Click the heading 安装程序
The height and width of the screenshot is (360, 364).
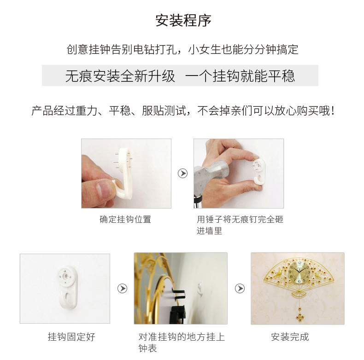183,20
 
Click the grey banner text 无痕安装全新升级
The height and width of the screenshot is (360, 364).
120,76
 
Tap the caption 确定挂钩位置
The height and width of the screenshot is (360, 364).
125,219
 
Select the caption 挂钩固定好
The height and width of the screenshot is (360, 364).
71,337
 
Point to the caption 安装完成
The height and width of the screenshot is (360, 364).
290,337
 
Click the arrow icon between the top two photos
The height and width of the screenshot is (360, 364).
183,173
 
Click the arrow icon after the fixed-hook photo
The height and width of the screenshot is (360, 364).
123,288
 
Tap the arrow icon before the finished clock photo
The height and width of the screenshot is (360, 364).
240,288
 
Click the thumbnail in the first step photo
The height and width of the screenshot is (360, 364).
103,190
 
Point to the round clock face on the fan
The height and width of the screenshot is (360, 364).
299,272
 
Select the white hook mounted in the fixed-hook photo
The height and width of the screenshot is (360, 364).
68,286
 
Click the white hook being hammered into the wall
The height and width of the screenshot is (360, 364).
258,171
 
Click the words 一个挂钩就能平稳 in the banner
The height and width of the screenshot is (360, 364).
240,76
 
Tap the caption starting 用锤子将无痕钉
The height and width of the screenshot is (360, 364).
240,225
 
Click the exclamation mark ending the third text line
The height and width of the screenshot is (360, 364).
333,110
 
